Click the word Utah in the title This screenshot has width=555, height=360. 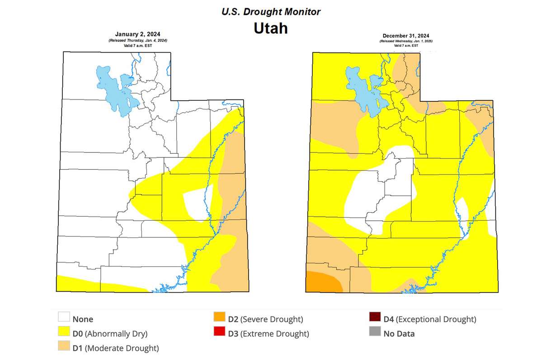point(270,28)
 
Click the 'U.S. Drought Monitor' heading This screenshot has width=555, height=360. point(271,12)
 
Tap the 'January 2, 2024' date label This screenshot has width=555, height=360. point(137,34)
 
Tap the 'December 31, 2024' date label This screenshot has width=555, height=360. point(405,36)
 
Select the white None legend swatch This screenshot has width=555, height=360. point(64,318)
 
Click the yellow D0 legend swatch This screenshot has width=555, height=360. point(64,333)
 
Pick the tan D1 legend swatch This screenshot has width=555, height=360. point(64,348)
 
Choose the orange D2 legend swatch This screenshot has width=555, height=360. point(219,318)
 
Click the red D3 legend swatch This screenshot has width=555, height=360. point(219,333)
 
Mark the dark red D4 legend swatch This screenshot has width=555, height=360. point(375,318)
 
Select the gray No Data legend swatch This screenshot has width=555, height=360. point(375,333)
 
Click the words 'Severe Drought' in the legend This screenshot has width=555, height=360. point(272,319)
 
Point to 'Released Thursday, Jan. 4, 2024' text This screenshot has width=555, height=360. point(137,41)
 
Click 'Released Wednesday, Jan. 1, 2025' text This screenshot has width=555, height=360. point(405,41)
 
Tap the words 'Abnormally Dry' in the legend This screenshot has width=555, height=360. point(116,334)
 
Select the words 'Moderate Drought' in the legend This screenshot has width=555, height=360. point(122,349)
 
